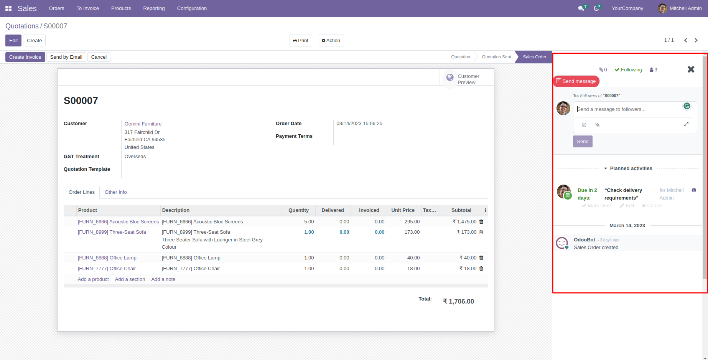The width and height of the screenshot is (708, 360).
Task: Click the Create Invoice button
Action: pyautogui.click(x=25, y=57)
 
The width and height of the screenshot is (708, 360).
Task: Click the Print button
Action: pyautogui.click(x=301, y=41)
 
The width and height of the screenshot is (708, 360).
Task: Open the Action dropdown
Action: pyautogui.click(x=331, y=41)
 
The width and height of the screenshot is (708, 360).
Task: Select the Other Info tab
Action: pyautogui.click(x=115, y=192)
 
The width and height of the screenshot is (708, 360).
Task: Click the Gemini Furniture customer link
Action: pyautogui.click(x=143, y=124)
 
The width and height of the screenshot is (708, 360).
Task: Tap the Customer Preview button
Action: pyautogui.click(x=466, y=79)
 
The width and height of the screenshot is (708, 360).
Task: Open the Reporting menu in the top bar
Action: pyautogui.click(x=154, y=8)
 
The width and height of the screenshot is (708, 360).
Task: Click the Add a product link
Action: pyautogui.click(x=93, y=279)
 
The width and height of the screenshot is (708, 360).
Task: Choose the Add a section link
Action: pyautogui.click(x=130, y=279)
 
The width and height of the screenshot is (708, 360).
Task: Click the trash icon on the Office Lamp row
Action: pyautogui.click(x=481, y=258)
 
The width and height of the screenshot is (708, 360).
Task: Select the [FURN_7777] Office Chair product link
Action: pyautogui.click(x=107, y=269)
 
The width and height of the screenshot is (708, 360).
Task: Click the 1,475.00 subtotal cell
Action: pyautogui.click(x=464, y=222)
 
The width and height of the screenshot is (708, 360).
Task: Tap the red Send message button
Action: pyautogui.click(x=576, y=81)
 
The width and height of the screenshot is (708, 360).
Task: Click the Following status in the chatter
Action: pyautogui.click(x=628, y=70)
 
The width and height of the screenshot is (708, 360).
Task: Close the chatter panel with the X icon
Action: pyautogui.click(x=691, y=69)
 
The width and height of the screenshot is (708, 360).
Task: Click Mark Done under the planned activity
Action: pyautogui.click(x=597, y=206)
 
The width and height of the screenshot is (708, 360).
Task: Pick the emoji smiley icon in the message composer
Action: pyautogui.click(x=584, y=125)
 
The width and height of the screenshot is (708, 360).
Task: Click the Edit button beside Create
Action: pyautogui.click(x=13, y=41)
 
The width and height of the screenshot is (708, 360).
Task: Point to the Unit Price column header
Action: pyautogui.click(x=403, y=210)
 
